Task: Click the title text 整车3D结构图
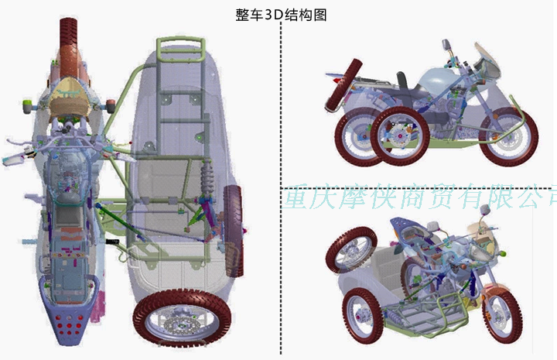[x=280, y=15]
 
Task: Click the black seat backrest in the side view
[x=402, y=81]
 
